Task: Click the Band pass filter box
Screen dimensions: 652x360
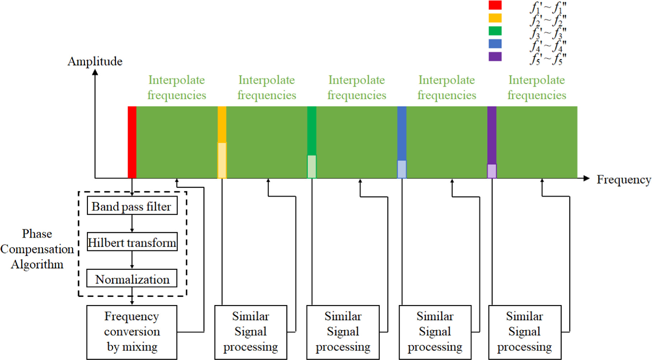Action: coord(132,206)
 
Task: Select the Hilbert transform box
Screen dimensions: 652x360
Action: coord(132,242)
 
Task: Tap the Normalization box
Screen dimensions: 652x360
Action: coord(132,278)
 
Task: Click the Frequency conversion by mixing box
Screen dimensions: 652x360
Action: coord(132,332)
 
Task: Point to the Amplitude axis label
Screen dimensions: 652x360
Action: coord(95,61)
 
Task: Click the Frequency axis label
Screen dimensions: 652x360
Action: coord(624,179)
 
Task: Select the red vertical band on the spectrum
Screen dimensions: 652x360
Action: coord(132,142)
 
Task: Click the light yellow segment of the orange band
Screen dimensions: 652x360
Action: coord(222,160)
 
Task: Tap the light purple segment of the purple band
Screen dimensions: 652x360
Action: coord(492,171)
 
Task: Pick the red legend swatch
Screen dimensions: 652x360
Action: coord(495,5)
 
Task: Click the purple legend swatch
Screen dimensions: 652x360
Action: coord(495,56)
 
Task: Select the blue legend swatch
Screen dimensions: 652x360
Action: coord(495,43)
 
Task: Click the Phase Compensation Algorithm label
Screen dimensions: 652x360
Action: coord(37,249)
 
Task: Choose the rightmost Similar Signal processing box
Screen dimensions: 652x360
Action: coord(525,332)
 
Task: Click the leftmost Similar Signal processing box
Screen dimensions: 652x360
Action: coord(251,332)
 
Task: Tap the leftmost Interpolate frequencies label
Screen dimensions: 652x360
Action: coord(177,87)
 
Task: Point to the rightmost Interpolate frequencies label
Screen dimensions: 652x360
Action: coord(537,87)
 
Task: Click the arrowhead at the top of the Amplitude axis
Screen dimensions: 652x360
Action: coord(95,72)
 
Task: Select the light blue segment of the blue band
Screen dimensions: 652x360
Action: coord(402,169)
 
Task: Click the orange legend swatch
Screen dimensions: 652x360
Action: coord(495,18)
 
